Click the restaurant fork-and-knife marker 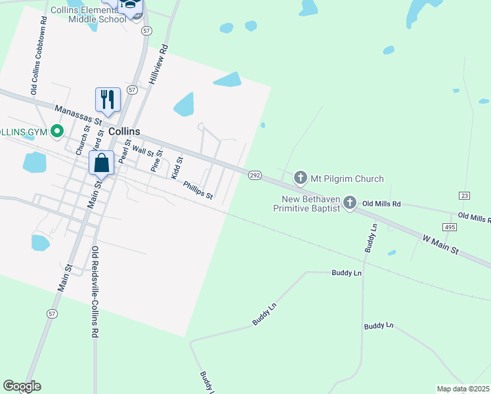point(108,100)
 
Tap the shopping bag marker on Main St point(102,164)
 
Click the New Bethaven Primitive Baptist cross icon point(350,203)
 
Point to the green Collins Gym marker point(57,131)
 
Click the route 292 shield point(255,175)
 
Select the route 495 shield point(450,227)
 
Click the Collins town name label point(124,131)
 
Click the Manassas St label point(78,115)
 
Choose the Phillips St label point(198,190)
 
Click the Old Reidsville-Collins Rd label point(95,292)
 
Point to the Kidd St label point(177,167)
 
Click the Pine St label point(156,162)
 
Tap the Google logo point(22,386)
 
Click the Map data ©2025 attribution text point(463,389)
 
